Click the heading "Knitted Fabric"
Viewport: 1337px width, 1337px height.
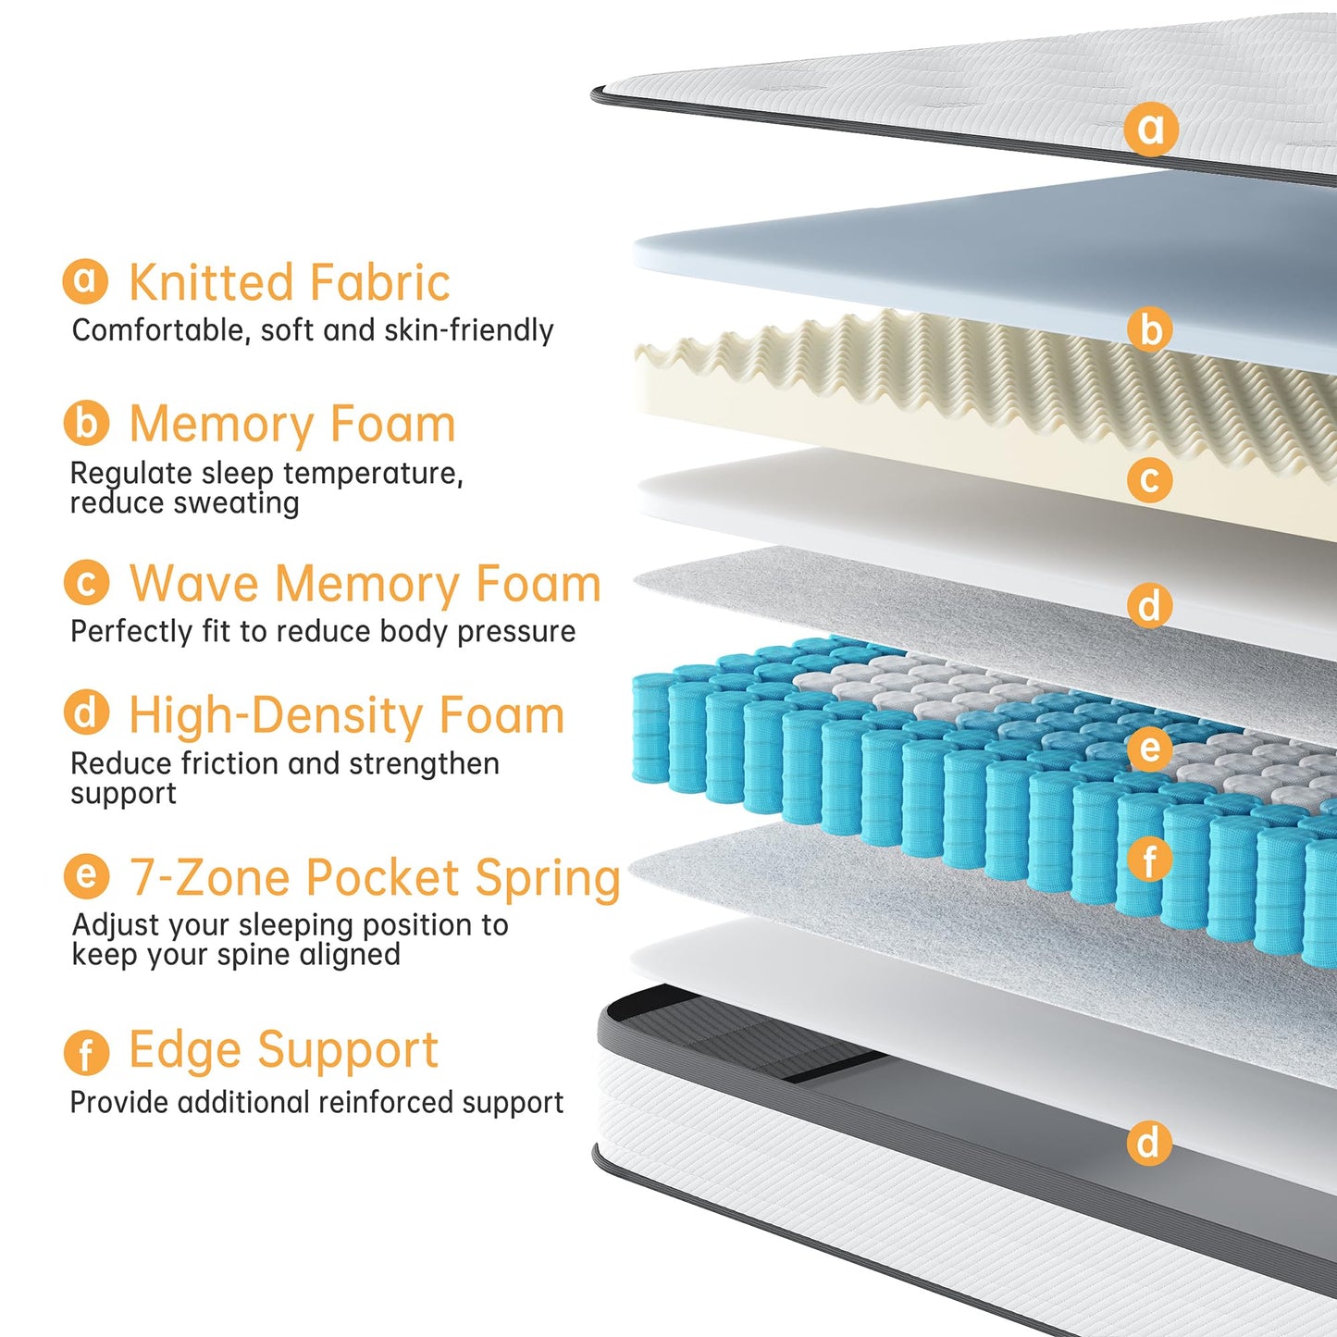[x=290, y=282]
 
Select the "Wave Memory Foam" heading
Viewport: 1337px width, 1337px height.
[x=365, y=584]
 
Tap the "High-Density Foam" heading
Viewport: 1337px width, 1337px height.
[x=347, y=715]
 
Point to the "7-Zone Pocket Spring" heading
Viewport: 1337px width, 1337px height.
[x=375, y=878]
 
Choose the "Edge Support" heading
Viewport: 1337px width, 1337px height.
[x=284, y=1050]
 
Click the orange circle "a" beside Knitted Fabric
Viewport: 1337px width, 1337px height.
[x=85, y=281]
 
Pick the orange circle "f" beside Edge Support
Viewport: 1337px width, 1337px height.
[x=86, y=1053]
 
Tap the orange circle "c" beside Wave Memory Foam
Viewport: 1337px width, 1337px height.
[x=86, y=582]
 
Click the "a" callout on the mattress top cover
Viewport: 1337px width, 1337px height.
[x=1151, y=129]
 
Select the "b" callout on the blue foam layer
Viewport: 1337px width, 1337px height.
[x=1150, y=328]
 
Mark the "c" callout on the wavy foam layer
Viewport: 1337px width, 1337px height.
[x=1150, y=479]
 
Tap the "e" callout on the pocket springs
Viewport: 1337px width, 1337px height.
[x=1150, y=748]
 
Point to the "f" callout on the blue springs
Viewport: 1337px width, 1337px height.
[x=1150, y=860]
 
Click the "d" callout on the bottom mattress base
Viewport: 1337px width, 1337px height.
[x=1149, y=1142]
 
